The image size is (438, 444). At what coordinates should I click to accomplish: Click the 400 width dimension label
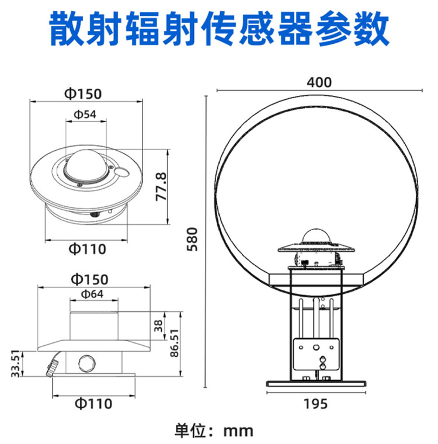pyautogui.click(x=319, y=82)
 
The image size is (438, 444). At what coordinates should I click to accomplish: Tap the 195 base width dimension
pyautogui.click(x=316, y=404)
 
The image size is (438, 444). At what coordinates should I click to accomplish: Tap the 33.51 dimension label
pyautogui.click(x=16, y=364)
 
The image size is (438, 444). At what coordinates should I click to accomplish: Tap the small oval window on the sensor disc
pyautogui.click(x=123, y=172)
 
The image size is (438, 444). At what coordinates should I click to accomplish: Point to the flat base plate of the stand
pyautogui.click(x=316, y=383)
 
